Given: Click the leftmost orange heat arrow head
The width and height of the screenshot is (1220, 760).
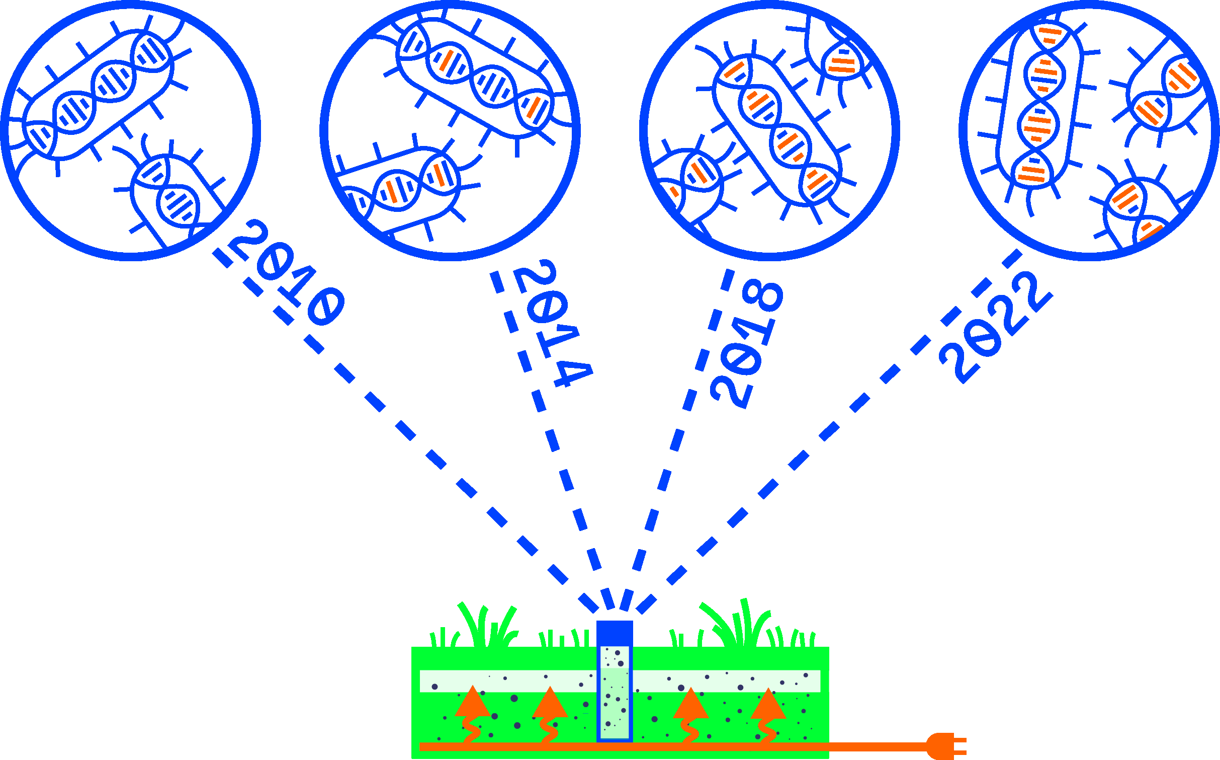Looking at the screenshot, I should pos(472,702).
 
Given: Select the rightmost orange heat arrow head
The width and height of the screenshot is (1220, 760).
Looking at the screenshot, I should pos(768,704).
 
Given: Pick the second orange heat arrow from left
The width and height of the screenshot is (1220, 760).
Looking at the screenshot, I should pos(550,703).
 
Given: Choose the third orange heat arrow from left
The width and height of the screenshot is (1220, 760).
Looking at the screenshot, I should pos(690,704).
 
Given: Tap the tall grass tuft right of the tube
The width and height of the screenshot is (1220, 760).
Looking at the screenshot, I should pos(739,624).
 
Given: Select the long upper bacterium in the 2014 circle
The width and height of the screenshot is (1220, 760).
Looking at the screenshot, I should pos(475,78).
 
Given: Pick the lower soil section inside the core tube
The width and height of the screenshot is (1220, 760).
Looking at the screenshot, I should pos(614,705).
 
